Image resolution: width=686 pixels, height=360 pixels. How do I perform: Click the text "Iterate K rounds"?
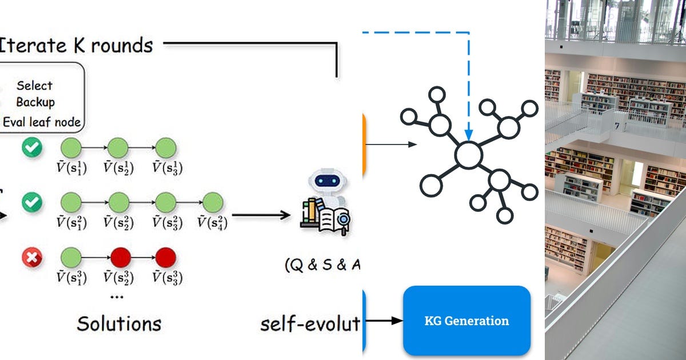pyautogui.click(x=77, y=45)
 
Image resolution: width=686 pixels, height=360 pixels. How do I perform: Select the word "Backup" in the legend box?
pyautogui.click(x=35, y=103)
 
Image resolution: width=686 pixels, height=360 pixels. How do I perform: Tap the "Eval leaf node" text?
pyautogui.click(x=42, y=122)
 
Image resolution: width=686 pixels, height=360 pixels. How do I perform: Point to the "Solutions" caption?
pyautogui.click(x=119, y=324)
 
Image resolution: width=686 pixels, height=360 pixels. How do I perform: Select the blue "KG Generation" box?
pyautogui.click(x=466, y=321)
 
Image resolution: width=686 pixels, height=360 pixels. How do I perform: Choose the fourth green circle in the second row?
pyautogui.click(x=213, y=203)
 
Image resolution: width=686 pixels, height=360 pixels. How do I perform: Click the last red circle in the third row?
pyautogui.click(x=166, y=258)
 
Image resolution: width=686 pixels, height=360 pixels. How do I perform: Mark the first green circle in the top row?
pyautogui.click(x=71, y=148)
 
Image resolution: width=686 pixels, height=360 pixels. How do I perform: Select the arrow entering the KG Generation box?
pyautogui.click(x=385, y=321)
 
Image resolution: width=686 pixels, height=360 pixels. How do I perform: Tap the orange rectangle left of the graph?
pyautogui.click(x=364, y=144)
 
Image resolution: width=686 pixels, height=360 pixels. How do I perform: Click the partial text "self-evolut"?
pyautogui.click(x=310, y=324)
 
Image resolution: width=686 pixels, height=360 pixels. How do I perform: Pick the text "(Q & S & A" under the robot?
pyautogui.click(x=323, y=265)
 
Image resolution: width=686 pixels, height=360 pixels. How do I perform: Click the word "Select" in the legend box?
pyautogui.click(x=34, y=86)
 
